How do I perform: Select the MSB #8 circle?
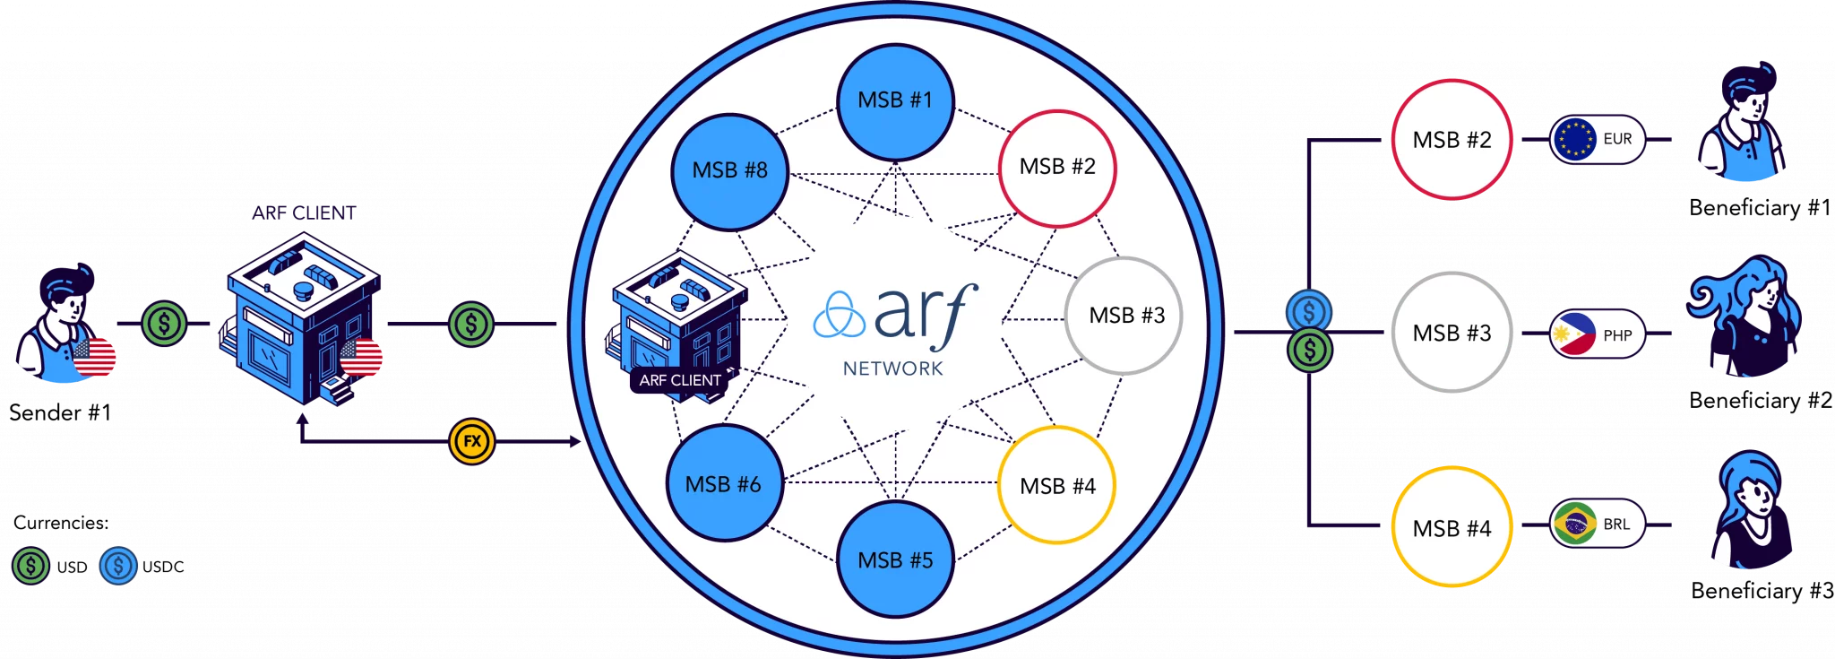730,172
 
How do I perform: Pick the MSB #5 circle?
895,559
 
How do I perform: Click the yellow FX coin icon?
472,441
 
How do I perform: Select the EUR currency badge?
1598,139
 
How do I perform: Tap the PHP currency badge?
1598,334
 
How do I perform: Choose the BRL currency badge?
1598,524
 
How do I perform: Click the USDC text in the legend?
163,567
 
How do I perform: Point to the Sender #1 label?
60,412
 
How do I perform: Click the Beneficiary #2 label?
1761,400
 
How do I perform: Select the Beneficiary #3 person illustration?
1753,509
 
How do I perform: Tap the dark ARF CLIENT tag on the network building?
680,380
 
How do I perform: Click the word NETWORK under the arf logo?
893,369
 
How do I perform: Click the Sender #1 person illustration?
65,323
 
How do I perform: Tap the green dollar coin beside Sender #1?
164,324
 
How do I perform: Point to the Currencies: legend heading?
61,523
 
